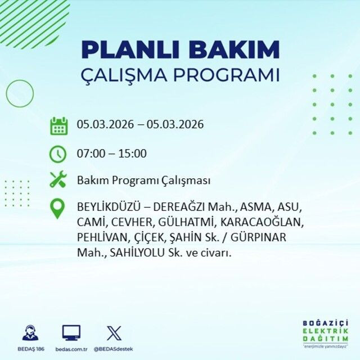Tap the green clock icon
point(58,153)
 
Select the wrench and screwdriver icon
point(58,180)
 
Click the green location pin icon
point(58,208)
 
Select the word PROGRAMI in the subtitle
point(231,75)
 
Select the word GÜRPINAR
point(258,237)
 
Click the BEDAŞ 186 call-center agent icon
point(30,332)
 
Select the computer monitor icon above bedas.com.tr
point(71,332)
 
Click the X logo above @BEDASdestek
point(114,332)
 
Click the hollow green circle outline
point(20,94)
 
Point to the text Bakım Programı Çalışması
point(143,181)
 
